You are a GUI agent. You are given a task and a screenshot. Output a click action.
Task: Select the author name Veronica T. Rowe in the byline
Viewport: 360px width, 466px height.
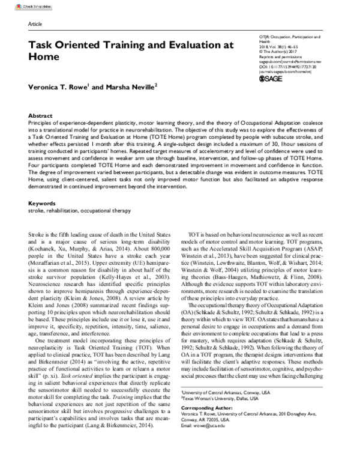[x=58, y=87]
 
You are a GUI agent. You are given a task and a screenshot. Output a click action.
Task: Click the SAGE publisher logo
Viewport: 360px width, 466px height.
[x=272, y=79]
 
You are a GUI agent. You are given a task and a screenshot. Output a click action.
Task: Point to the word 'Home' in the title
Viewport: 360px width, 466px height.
[x=44, y=58]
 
